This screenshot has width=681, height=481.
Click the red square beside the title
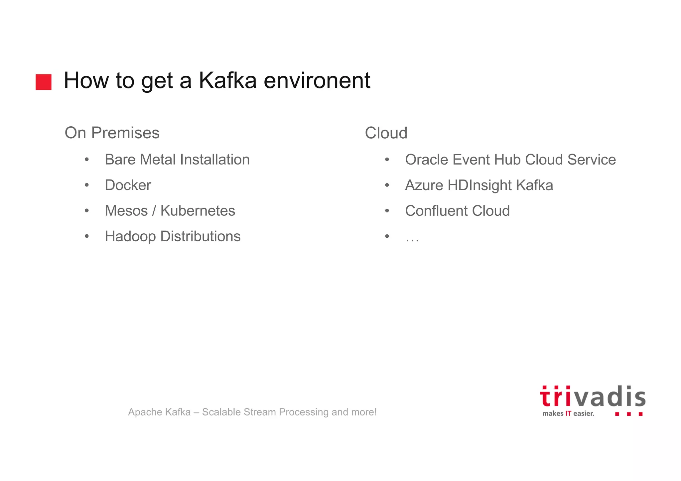(44, 82)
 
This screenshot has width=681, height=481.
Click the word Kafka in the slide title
(228, 80)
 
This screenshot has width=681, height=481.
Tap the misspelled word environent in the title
(317, 80)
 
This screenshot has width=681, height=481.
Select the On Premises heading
(112, 133)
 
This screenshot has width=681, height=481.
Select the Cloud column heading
(386, 133)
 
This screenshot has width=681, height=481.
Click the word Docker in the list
(128, 185)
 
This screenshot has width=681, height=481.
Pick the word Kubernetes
(198, 211)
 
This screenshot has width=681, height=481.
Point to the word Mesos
(126, 211)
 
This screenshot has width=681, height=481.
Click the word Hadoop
(130, 236)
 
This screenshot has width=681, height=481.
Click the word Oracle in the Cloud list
(426, 160)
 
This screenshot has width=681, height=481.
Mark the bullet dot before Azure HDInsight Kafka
(387, 185)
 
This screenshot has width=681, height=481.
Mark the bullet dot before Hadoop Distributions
(87, 236)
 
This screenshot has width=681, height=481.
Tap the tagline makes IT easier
(568, 414)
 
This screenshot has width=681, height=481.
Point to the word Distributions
(200, 236)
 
